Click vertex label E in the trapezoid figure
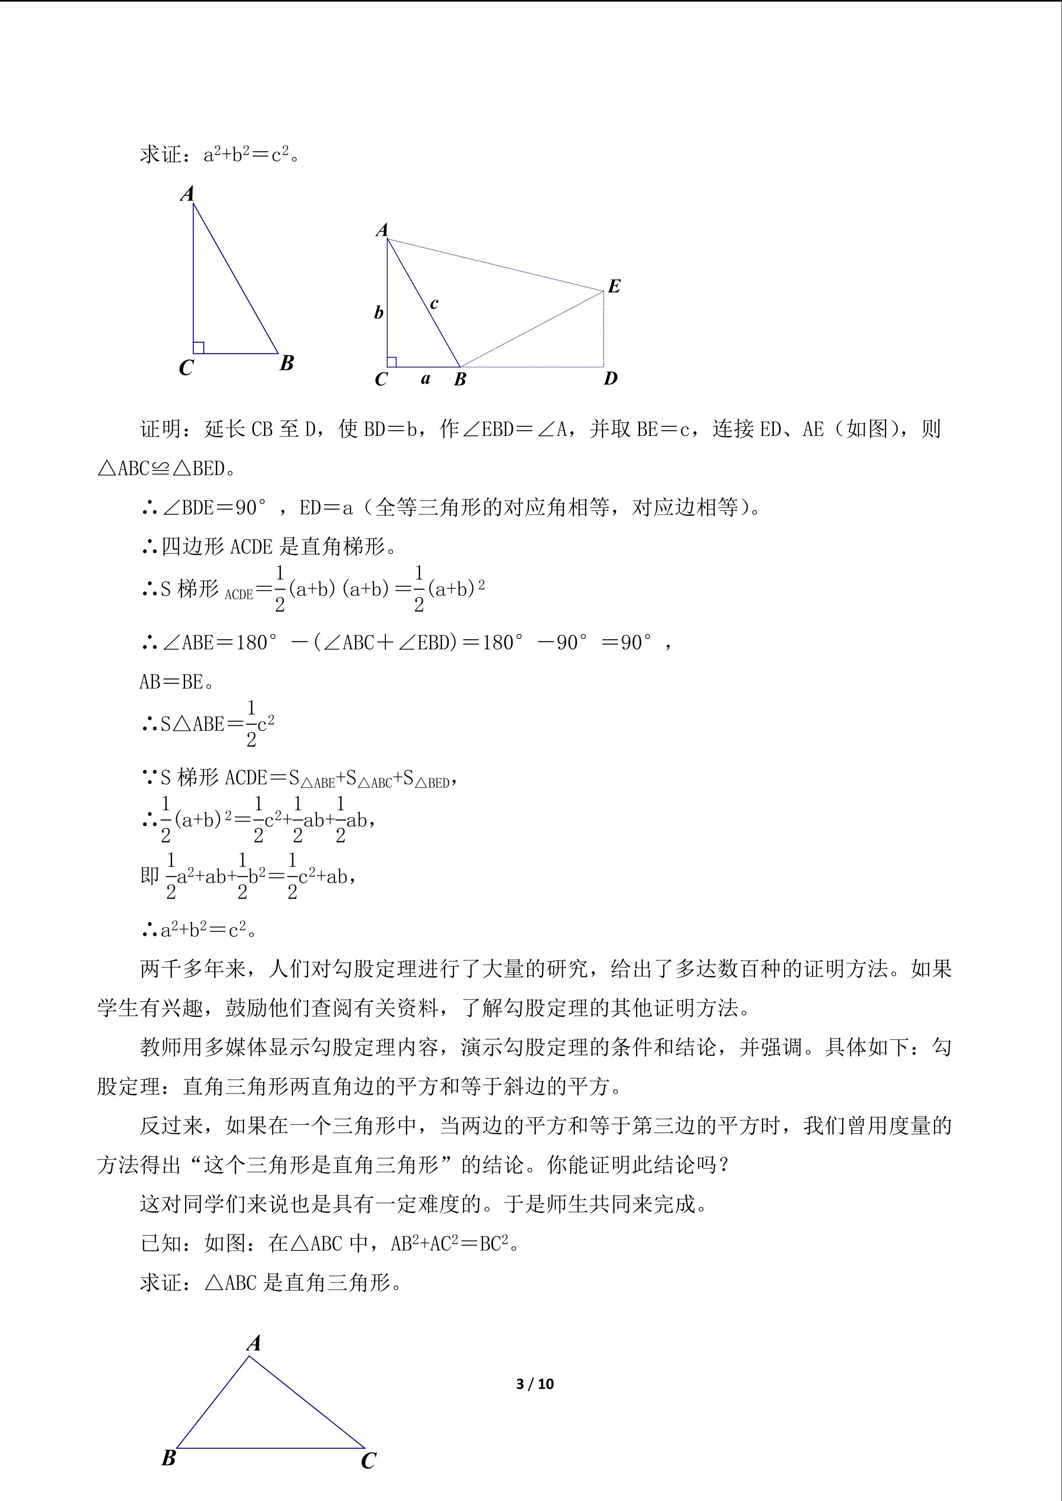click(x=613, y=286)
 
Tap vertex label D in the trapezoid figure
click(x=610, y=378)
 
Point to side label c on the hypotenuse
click(x=434, y=303)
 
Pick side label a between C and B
click(x=426, y=378)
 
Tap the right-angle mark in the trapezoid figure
click(x=392, y=362)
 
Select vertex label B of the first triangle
click(x=286, y=363)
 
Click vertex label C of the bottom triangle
click(x=368, y=1461)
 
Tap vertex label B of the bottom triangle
click(x=169, y=1458)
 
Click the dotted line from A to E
click(x=495, y=265)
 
